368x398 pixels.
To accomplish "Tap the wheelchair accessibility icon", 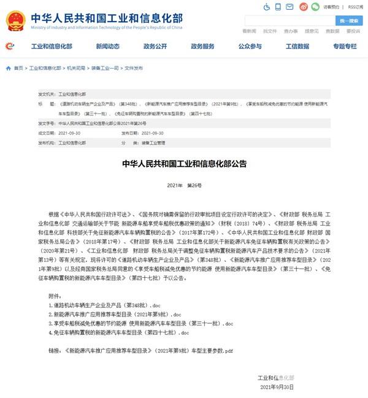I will point(267,7).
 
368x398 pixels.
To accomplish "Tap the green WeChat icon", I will point(315,7).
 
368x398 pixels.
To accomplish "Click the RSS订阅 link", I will point(356,7).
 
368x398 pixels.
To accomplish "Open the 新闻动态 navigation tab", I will point(108,47).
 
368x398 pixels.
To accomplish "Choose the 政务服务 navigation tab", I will point(202,47).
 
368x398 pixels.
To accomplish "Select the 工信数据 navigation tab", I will point(297,47).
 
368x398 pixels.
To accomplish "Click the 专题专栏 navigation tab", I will point(345,47).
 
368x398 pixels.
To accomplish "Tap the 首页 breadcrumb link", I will point(18,68).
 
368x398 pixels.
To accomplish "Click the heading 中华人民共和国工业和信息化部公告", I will point(184,164).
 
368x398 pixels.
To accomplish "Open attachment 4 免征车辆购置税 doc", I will point(119,332).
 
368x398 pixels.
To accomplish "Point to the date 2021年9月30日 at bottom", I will point(277,388).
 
